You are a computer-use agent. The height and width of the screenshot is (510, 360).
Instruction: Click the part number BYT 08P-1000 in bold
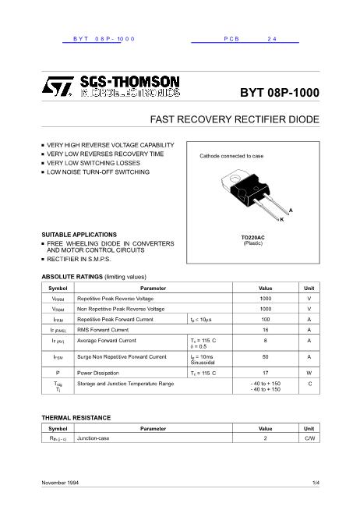click(x=280, y=91)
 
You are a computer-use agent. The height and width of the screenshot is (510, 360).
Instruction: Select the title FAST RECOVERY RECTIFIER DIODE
click(x=235, y=121)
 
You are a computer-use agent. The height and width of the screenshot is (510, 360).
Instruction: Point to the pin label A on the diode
click(x=291, y=211)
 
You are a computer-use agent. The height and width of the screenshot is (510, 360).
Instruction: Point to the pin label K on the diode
click(x=281, y=220)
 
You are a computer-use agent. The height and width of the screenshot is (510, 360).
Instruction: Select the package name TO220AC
click(x=252, y=237)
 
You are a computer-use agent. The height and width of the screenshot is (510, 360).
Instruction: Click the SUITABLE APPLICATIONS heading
click(x=79, y=235)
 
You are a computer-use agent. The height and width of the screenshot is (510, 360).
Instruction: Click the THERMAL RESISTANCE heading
click(x=76, y=418)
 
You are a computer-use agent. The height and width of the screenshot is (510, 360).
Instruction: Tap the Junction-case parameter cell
click(x=94, y=439)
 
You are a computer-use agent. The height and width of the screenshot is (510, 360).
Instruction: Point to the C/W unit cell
click(x=309, y=439)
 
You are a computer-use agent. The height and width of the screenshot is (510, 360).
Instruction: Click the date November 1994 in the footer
click(x=62, y=484)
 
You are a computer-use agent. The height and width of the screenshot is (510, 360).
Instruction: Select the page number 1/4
click(x=315, y=484)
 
